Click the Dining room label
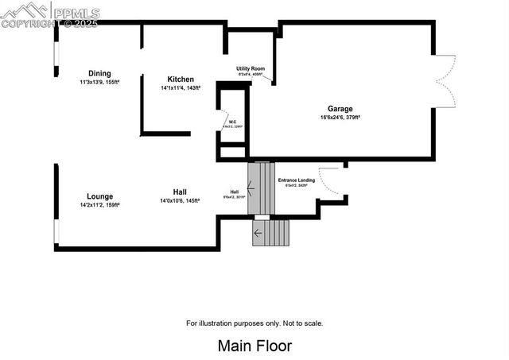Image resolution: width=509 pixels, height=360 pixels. coord(99,73)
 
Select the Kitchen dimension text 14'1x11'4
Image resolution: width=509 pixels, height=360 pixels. coord(181,88)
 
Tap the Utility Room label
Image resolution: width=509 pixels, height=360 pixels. coord(250,69)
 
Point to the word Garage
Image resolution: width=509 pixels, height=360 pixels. coord(340,109)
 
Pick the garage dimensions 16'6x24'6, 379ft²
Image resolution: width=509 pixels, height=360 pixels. coord(340,118)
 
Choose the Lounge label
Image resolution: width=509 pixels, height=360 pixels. coord(99,196)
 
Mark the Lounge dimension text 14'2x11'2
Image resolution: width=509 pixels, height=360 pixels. coord(99,205)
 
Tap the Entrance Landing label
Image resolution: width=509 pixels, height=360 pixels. coord(296,180)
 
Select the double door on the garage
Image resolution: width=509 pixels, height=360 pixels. coord(446,81)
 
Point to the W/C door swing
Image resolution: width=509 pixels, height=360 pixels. coord(224,122)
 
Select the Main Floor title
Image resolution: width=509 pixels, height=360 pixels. coord(254,346)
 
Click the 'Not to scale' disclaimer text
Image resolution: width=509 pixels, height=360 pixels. coord(254,323)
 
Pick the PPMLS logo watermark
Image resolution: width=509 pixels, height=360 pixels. coord(49,14)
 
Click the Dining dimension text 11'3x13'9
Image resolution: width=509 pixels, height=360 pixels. coord(99,82)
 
